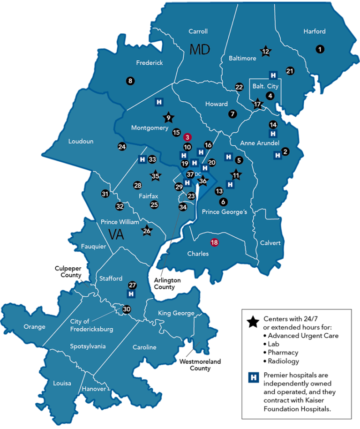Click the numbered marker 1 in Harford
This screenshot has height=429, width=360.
(x=320, y=49)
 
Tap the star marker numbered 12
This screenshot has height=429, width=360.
(x=266, y=52)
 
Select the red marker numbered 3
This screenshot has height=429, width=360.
(x=187, y=137)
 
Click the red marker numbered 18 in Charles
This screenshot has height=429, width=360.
(x=215, y=242)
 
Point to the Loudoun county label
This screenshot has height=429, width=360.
(x=81, y=141)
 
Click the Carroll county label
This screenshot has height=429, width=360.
(x=198, y=31)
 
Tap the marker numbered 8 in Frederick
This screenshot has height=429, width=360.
(x=130, y=81)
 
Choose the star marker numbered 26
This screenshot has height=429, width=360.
(x=147, y=230)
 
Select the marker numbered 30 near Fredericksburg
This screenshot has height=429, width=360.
(x=127, y=309)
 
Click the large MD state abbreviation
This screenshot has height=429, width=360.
(x=200, y=49)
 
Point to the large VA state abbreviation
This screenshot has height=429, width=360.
(x=116, y=234)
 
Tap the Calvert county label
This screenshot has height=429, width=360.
(x=270, y=243)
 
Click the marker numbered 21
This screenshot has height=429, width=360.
(x=290, y=71)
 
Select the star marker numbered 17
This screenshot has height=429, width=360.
(x=257, y=104)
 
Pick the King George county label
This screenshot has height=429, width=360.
(x=176, y=313)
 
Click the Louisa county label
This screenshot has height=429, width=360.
(x=62, y=383)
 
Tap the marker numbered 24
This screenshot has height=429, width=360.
(x=122, y=147)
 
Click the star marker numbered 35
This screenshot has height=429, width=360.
(x=155, y=176)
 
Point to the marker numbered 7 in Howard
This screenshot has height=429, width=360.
(x=232, y=113)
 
